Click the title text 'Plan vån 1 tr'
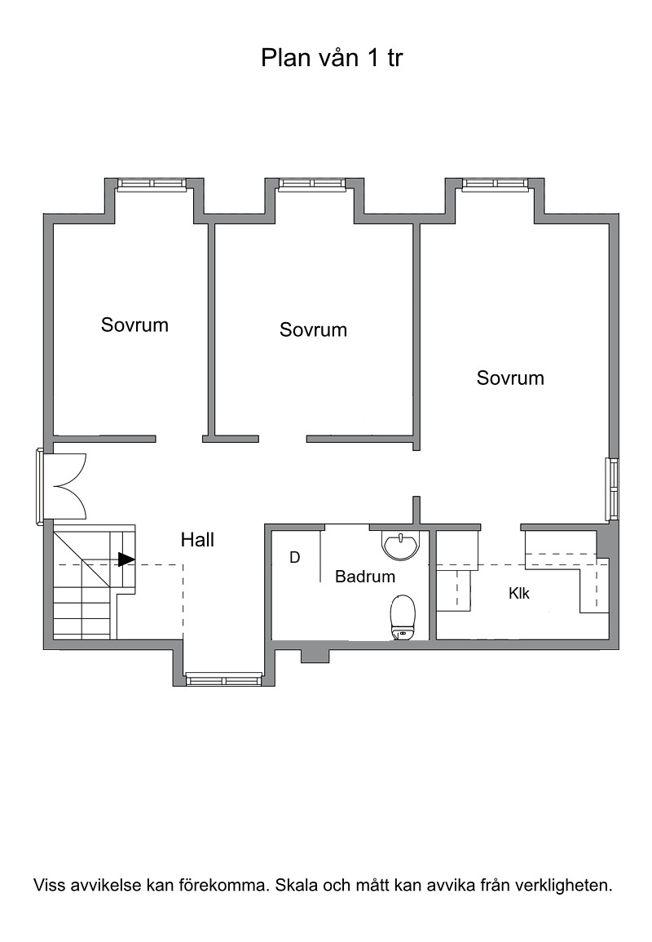coord(332,58)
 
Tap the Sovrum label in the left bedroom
coord(134,325)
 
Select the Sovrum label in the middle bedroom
coord(314,329)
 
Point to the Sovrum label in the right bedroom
coord(510,378)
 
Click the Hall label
coord(197,539)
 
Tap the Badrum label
coord(365,577)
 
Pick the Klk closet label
coord(519,593)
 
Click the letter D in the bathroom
coord(295,558)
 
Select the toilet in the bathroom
coord(403,617)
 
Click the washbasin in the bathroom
coord(401,546)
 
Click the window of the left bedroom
coord(152,184)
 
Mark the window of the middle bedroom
coord(312,184)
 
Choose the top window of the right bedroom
coord(496,184)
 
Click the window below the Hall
coord(224,681)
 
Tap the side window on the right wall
coord(612,489)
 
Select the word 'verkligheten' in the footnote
coord(566,885)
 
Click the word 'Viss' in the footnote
coord(49,885)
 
